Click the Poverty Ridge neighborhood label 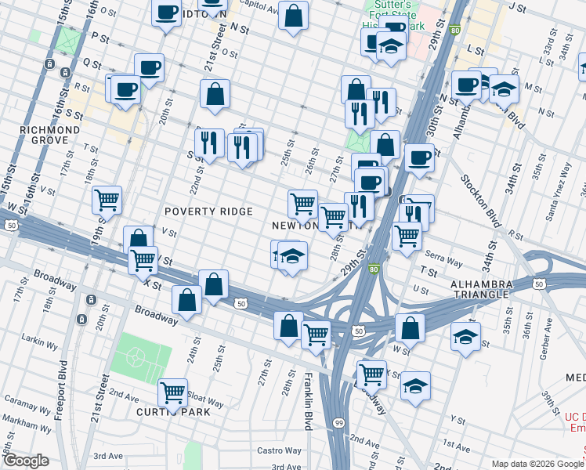point(208,211)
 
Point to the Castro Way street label point(280,450)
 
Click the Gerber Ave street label point(534,334)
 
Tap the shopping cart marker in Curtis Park point(172,390)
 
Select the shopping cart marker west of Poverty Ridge point(107,198)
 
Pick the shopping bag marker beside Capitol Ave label point(293,15)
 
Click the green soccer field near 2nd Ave point(142,356)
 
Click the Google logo point(25,461)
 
